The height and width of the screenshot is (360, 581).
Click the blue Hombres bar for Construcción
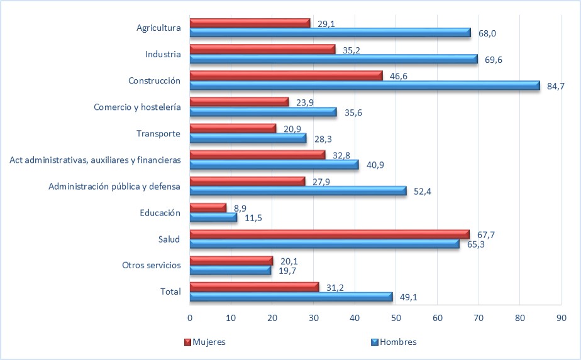pos(365,85)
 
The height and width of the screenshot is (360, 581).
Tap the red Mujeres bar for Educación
pos(208,207)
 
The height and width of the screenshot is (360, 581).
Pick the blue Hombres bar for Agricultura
pos(330,33)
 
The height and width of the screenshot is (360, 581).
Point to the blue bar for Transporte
pos(248,138)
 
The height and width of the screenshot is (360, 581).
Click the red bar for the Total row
pos(254,286)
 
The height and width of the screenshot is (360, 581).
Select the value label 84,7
pos(556,86)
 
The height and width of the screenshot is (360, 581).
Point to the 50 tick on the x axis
pos(396,318)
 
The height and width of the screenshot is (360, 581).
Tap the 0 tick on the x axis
pos(190,318)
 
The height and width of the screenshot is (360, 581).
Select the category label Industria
pos(163,54)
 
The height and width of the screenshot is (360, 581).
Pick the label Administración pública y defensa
pos(114,186)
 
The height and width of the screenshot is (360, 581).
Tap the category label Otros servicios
pos(152,265)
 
